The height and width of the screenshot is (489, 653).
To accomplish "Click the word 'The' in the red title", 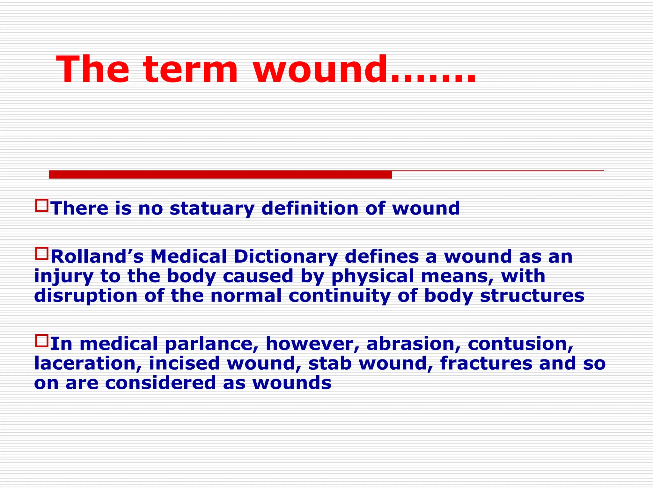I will point(93,69).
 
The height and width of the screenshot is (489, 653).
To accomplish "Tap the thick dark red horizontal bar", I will point(220,174).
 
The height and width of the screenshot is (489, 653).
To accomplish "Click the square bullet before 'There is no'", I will point(42,206).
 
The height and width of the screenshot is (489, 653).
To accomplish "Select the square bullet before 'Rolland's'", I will point(42,254).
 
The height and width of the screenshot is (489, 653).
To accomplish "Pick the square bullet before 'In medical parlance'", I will point(42,341).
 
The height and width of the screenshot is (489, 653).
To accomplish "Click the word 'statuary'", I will point(212,209).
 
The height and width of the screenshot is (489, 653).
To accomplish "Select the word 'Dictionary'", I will point(285,257).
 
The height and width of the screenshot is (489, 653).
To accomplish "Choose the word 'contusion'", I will point(520,344).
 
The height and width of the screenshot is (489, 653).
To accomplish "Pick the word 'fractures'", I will point(486,363).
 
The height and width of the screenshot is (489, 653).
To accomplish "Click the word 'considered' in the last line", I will point(160,383).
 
